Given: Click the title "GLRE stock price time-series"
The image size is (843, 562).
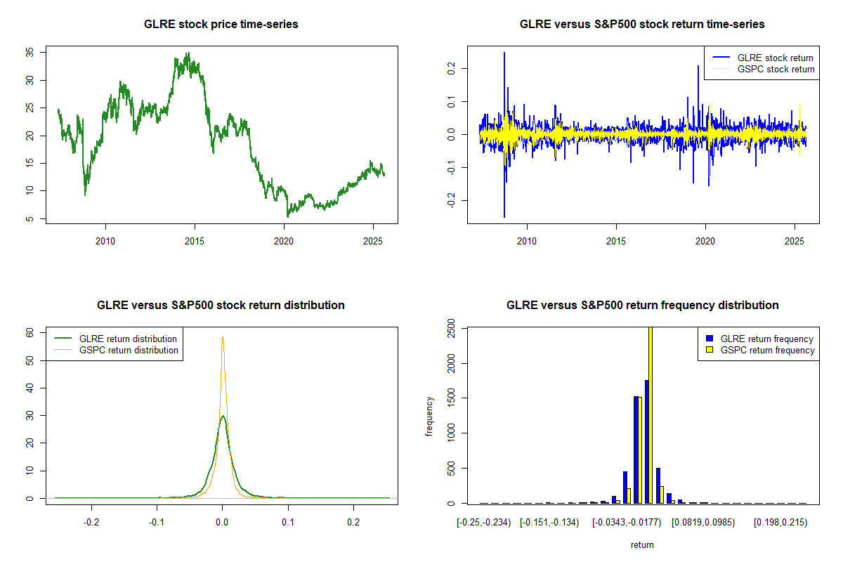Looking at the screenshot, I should [x=221, y=25].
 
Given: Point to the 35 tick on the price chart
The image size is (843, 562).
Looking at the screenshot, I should [x=30, y=53].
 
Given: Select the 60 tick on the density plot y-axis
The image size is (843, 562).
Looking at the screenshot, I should [x=30, y=332].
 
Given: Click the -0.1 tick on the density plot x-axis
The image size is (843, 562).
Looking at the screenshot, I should [x=157, y=523].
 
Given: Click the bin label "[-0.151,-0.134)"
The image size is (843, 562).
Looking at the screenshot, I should [x=549, y=523].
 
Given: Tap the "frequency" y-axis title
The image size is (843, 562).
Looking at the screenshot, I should [x=429, y=416].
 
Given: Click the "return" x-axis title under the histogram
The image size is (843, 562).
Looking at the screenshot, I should [x=642, y=544].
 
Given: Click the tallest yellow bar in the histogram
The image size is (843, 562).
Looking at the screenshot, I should [x=650, y=414].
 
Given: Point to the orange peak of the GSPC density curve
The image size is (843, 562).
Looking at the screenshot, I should [x=223, y=338].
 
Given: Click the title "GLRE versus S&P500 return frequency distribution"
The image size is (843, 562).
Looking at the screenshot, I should [x=642, y=306].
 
